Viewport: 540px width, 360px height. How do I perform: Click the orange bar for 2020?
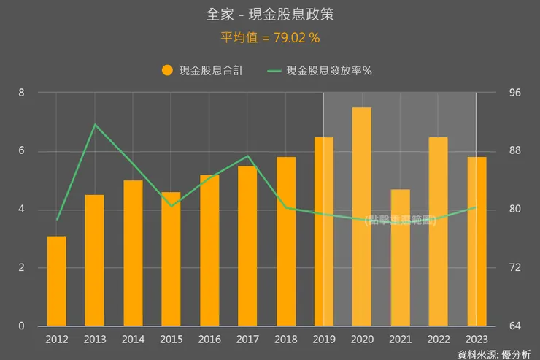click(362, 217)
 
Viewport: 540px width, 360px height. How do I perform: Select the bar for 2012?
click(57, 281)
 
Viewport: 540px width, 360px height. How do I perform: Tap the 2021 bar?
click(401, 258)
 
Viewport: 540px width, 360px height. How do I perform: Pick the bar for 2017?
click(247, 246)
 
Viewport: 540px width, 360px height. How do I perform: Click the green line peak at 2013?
click(95, 125)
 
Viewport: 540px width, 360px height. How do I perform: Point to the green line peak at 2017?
click(248, 156)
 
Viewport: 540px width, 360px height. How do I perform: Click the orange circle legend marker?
click(167, 71)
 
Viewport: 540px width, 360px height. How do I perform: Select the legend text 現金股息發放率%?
click(329, 71)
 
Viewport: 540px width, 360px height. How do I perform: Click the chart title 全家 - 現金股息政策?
click(270, 15)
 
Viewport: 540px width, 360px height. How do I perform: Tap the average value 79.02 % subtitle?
click(270, 37)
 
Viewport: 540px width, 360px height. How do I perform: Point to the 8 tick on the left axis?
click(22, 93)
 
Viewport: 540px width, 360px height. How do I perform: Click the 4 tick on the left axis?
click(22, 210)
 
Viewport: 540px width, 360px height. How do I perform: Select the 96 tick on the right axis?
click(515, 93)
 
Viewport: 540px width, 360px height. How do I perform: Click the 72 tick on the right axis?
click(515, 268)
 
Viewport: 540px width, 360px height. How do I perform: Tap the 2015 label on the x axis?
click(171, 340)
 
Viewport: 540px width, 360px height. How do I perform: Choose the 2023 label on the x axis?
click(477, 340)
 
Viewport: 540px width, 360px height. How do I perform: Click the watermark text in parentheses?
click(401, 219)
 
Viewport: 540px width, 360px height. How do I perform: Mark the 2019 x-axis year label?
click(324, 340)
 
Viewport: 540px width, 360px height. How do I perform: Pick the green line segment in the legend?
click(274, 71)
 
